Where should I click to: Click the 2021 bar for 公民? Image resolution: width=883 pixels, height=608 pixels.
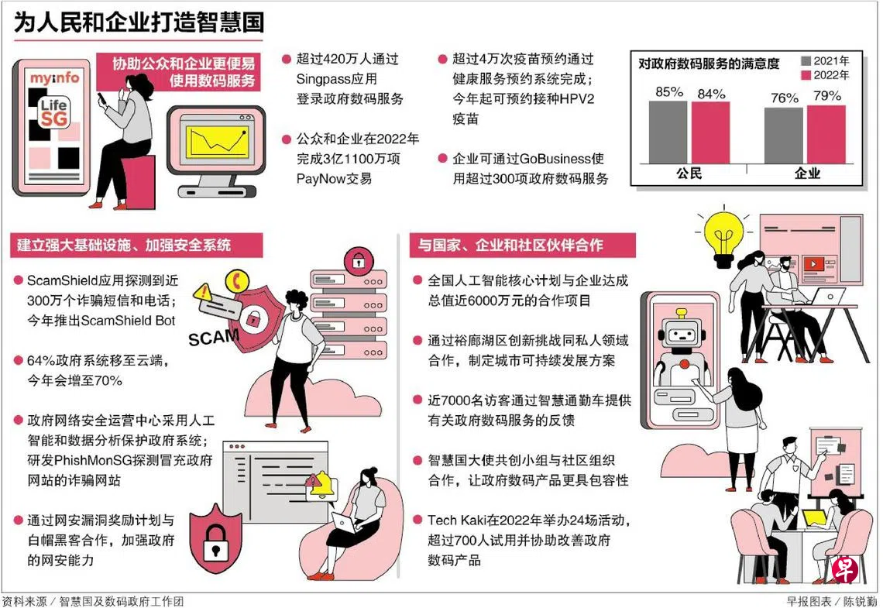pos(668,132)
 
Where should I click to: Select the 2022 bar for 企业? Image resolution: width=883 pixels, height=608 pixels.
pos(826,135)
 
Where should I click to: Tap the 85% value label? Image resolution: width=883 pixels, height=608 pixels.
pos(669,91)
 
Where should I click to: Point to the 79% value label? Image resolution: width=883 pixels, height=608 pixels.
pos(827,96)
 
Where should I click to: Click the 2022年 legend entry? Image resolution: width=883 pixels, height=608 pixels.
pos(825,75)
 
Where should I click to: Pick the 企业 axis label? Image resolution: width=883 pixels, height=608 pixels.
pos(807,173)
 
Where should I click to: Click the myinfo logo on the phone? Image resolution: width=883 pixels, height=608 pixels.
pos(55,77)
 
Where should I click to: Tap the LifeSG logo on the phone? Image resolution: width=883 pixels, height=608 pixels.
pos(53,112)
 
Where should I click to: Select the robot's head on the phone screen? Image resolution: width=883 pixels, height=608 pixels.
pos(682,331)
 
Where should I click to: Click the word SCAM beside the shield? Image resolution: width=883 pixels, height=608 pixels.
pos(214,337)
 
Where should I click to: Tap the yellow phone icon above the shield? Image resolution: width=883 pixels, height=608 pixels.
pos(237,281)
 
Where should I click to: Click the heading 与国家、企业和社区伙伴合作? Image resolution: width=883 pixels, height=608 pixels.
pos(510,245)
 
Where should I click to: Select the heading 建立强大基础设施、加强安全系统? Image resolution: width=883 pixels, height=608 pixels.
pos(124,245)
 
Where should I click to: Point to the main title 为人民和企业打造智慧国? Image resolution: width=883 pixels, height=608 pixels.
pos(139,22)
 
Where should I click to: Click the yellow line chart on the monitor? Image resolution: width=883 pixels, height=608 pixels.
pos(217,141)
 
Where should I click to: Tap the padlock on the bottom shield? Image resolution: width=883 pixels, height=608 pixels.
pos(215,541)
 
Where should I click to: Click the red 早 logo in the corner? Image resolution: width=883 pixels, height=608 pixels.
pos(845,570)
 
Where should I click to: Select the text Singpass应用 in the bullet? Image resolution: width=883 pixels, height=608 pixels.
pos(337,79)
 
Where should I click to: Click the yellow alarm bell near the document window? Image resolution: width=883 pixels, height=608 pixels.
pos(322,485)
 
